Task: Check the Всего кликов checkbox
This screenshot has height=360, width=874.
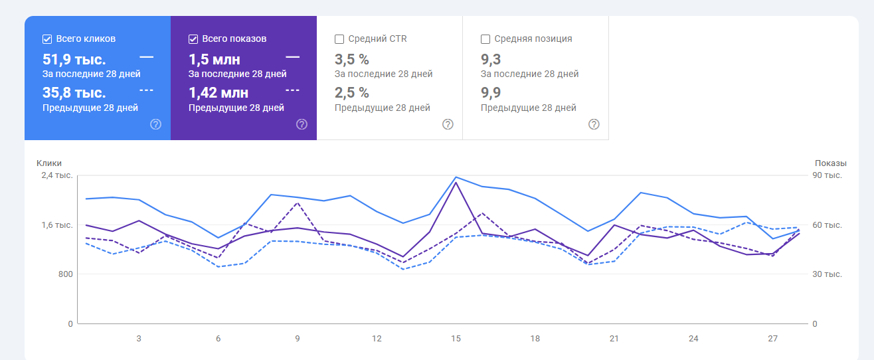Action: (x=47, y=39)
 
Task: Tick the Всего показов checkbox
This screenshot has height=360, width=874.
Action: (x=193, y=39)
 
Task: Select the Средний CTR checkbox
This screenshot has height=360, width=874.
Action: (x=339, y=39)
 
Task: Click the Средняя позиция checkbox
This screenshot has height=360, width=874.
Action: (x=485, y=39)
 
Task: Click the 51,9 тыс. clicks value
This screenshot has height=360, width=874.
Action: (x=74, y=59)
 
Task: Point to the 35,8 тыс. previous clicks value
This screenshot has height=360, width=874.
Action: (x=74, y=92)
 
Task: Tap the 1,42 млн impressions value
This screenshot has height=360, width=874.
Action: (x=218, y=92)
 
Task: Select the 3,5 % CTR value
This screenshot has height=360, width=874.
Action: (x=352, y=59)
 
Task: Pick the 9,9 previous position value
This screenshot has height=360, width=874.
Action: (x=491, y=92)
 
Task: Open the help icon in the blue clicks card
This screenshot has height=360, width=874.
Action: (x=156, y=124)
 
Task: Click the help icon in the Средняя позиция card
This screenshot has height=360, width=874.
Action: (x=594, y=124)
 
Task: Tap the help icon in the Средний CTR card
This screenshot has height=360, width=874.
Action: (x=448, y=124)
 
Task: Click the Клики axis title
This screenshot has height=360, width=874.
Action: (x=49, y=163)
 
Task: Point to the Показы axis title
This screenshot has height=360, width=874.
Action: (x=830, y=163)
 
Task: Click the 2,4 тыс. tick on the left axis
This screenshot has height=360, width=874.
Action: (x=57, y=175)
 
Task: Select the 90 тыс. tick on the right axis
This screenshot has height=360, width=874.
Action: (x=828, y=175)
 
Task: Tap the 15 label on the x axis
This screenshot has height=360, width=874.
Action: (x=456, y=339)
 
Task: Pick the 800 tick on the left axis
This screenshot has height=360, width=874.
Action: (x=64, y=274)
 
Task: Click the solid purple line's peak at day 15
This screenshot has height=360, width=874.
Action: (x=456, y=182)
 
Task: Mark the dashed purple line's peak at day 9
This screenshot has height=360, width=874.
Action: (x=298, y=203)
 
